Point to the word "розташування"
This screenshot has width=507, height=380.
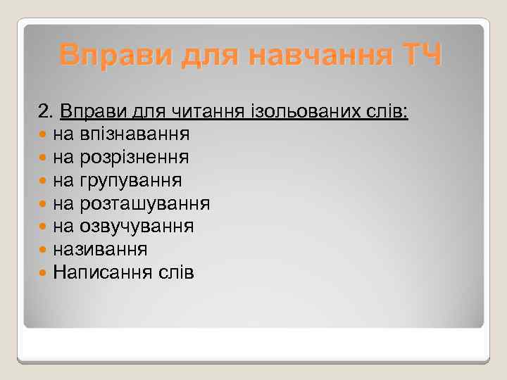pos(145,203)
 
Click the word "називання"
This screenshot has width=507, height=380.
pos(104,249)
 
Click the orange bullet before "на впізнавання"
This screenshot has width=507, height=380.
pos(44,134)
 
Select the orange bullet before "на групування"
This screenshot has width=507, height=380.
pos(44,180)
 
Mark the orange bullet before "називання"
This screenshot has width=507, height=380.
pos(44,249)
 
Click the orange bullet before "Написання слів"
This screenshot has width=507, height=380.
pos(44,272)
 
